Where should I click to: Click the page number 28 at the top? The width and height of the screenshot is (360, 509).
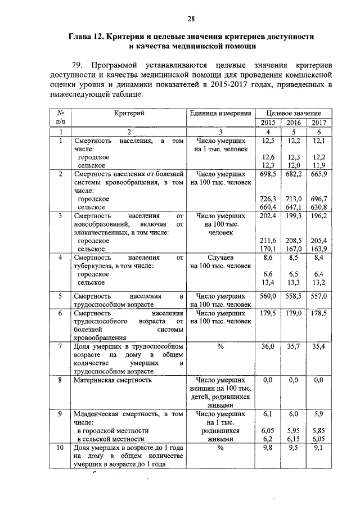coord(191,19)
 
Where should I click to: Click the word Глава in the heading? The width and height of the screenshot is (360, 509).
coord(82,37)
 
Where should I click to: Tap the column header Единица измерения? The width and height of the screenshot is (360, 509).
coord(220,113)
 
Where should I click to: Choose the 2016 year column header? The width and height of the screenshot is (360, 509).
coord(294,123)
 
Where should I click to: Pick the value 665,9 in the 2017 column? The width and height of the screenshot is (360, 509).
coord(318,175)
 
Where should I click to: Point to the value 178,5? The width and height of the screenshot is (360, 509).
coord(318,313)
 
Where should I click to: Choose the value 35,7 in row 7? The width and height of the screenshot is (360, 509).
coord(294,346)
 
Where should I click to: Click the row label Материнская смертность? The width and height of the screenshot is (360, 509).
coord(112,381)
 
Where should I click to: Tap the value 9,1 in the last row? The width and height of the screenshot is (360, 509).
coord(318,448)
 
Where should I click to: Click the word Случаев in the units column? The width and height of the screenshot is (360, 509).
coord(220,258)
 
